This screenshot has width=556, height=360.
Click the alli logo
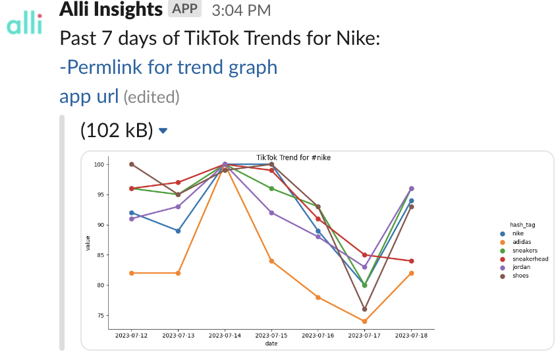[x=24, y=25]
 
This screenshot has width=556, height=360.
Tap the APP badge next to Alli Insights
[x=184, y=9]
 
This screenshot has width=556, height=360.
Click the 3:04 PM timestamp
[x=240, y=10]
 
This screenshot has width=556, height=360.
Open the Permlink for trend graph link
[x=168, y=67]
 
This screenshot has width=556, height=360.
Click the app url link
[x=89, y=96]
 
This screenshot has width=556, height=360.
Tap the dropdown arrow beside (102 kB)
[x=163, y=131]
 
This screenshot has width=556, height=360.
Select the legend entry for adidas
[x=521, y=242]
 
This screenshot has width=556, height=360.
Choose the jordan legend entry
[x=521, y=267]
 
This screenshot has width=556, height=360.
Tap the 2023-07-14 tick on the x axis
[x=225, y=336]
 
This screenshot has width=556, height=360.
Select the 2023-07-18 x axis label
[x=411, y=336]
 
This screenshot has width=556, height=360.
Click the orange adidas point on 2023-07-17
[x=364, y=322]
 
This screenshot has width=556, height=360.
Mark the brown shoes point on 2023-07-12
[x=132, y=164]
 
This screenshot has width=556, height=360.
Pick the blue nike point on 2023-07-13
[x=178, y=231]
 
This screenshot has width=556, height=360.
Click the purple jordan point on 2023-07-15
[x=271, y=213]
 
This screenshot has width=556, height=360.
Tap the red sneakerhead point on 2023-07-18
[x=411, y=261]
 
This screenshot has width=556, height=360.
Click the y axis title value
[x=88, y=243]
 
